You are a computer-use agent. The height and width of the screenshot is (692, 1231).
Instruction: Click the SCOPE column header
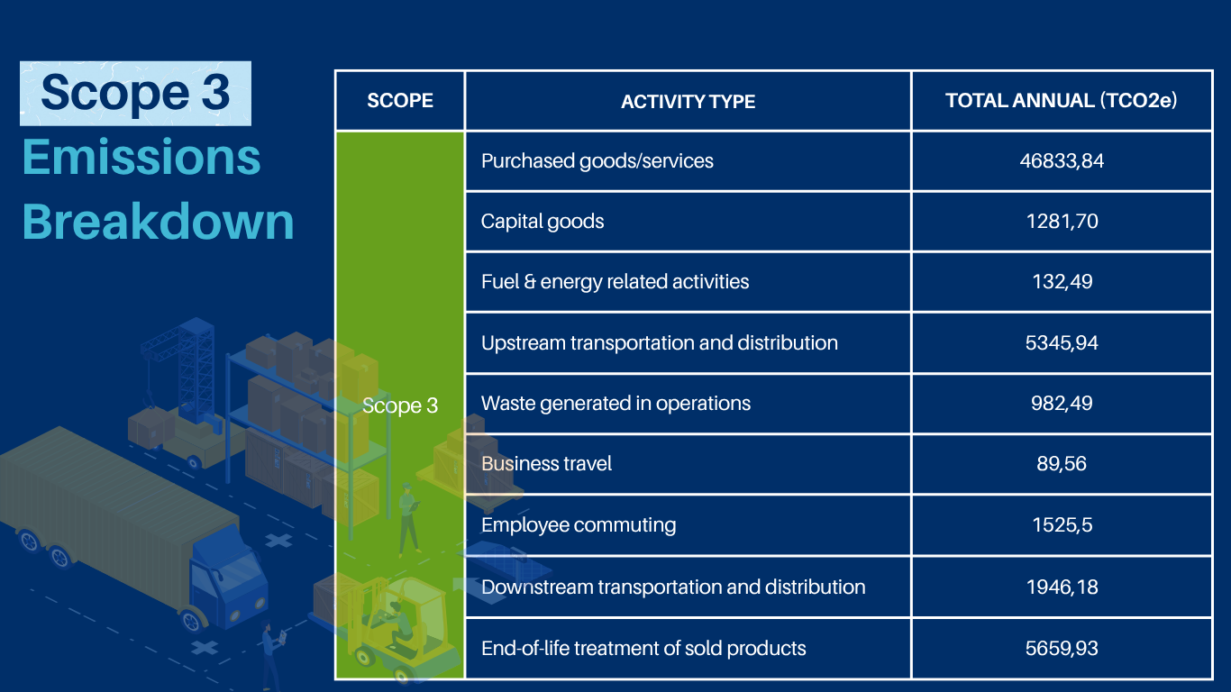click(x=400, y=101)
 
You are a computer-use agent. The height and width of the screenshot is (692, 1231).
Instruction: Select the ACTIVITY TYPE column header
click(x=688, y=102)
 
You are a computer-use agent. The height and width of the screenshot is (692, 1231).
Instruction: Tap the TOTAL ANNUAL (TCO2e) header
click(x=1062, y=101)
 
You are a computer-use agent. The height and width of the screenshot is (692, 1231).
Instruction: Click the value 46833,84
click(x=1062, y=161)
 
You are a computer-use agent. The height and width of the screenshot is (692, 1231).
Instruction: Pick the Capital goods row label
click(x=543, y=222)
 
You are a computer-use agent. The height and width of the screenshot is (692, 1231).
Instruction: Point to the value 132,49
click(x=1062, y=282)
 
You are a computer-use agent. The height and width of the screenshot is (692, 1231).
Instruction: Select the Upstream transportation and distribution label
click(x=660, y=343)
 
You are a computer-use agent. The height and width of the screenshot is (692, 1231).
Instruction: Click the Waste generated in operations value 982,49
click(x=1062, y=404)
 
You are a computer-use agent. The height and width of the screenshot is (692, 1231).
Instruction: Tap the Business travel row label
click(x=546, y=464)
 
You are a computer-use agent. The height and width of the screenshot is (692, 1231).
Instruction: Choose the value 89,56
click(x=1062, y=464)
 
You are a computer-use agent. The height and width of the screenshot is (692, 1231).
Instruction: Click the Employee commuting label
click(x=579, y=525)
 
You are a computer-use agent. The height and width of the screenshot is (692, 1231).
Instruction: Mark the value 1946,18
click(x=1062, y=587)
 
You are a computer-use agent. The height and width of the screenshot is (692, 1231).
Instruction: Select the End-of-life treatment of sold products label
click(x=643, y=649)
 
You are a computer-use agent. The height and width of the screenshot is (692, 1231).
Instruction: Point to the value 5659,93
click(x=1062, y=649)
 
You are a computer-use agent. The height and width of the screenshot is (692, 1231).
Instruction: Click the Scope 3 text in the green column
click(x=400, y=406)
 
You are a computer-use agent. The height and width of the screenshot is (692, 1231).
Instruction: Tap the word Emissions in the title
click(x=141, y=158)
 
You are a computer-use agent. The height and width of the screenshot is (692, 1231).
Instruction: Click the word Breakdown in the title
click(x=159, y=222)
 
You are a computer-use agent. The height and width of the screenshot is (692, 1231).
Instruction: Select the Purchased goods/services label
click(x=597, y=161)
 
